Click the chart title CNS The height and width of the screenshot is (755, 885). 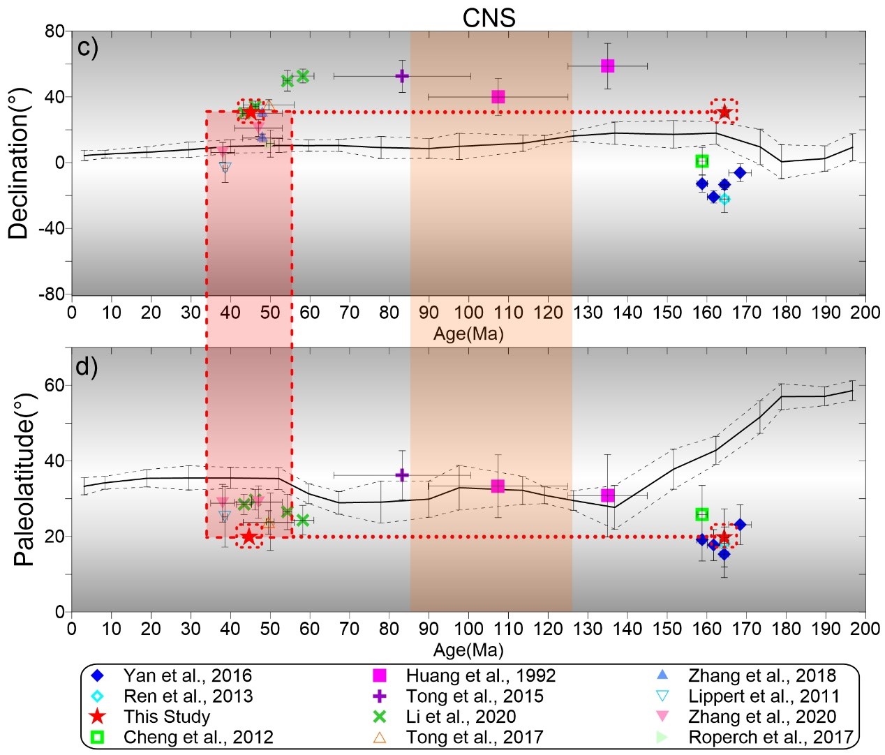pyautogui.click(x=489, y=17)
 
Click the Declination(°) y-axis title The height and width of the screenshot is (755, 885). pyautogui.click(x=19, y=164)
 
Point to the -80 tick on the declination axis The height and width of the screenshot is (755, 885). pyautogui.click(x=53, y=294)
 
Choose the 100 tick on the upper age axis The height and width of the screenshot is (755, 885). pyautogui.click(x=468, y=313)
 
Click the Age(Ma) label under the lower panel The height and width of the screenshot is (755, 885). pyautogui.click(x=468, y=650)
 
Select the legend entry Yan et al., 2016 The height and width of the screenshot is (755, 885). pyautogui.click(x=187, y=675)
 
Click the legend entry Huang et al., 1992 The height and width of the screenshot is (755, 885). pyautogui.click(x=480, y=675)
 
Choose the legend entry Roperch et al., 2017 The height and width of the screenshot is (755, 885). pyautogui.click(x=771, y=737)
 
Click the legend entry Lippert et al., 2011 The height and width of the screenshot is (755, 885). pyautogui.click(x=764, y=696)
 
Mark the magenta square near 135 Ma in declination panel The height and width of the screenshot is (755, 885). pyautogui.click(x=607, y=66)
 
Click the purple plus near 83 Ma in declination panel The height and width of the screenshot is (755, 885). pyautogui.click(x=402, y=76)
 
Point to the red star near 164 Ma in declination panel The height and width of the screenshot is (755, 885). pyautogui.click(x=724, y=112)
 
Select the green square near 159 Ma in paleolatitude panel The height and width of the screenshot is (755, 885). pyautogui.click(x=702, y=514)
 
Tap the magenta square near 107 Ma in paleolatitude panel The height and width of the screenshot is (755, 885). pyautogui.click(x=498, y=486)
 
